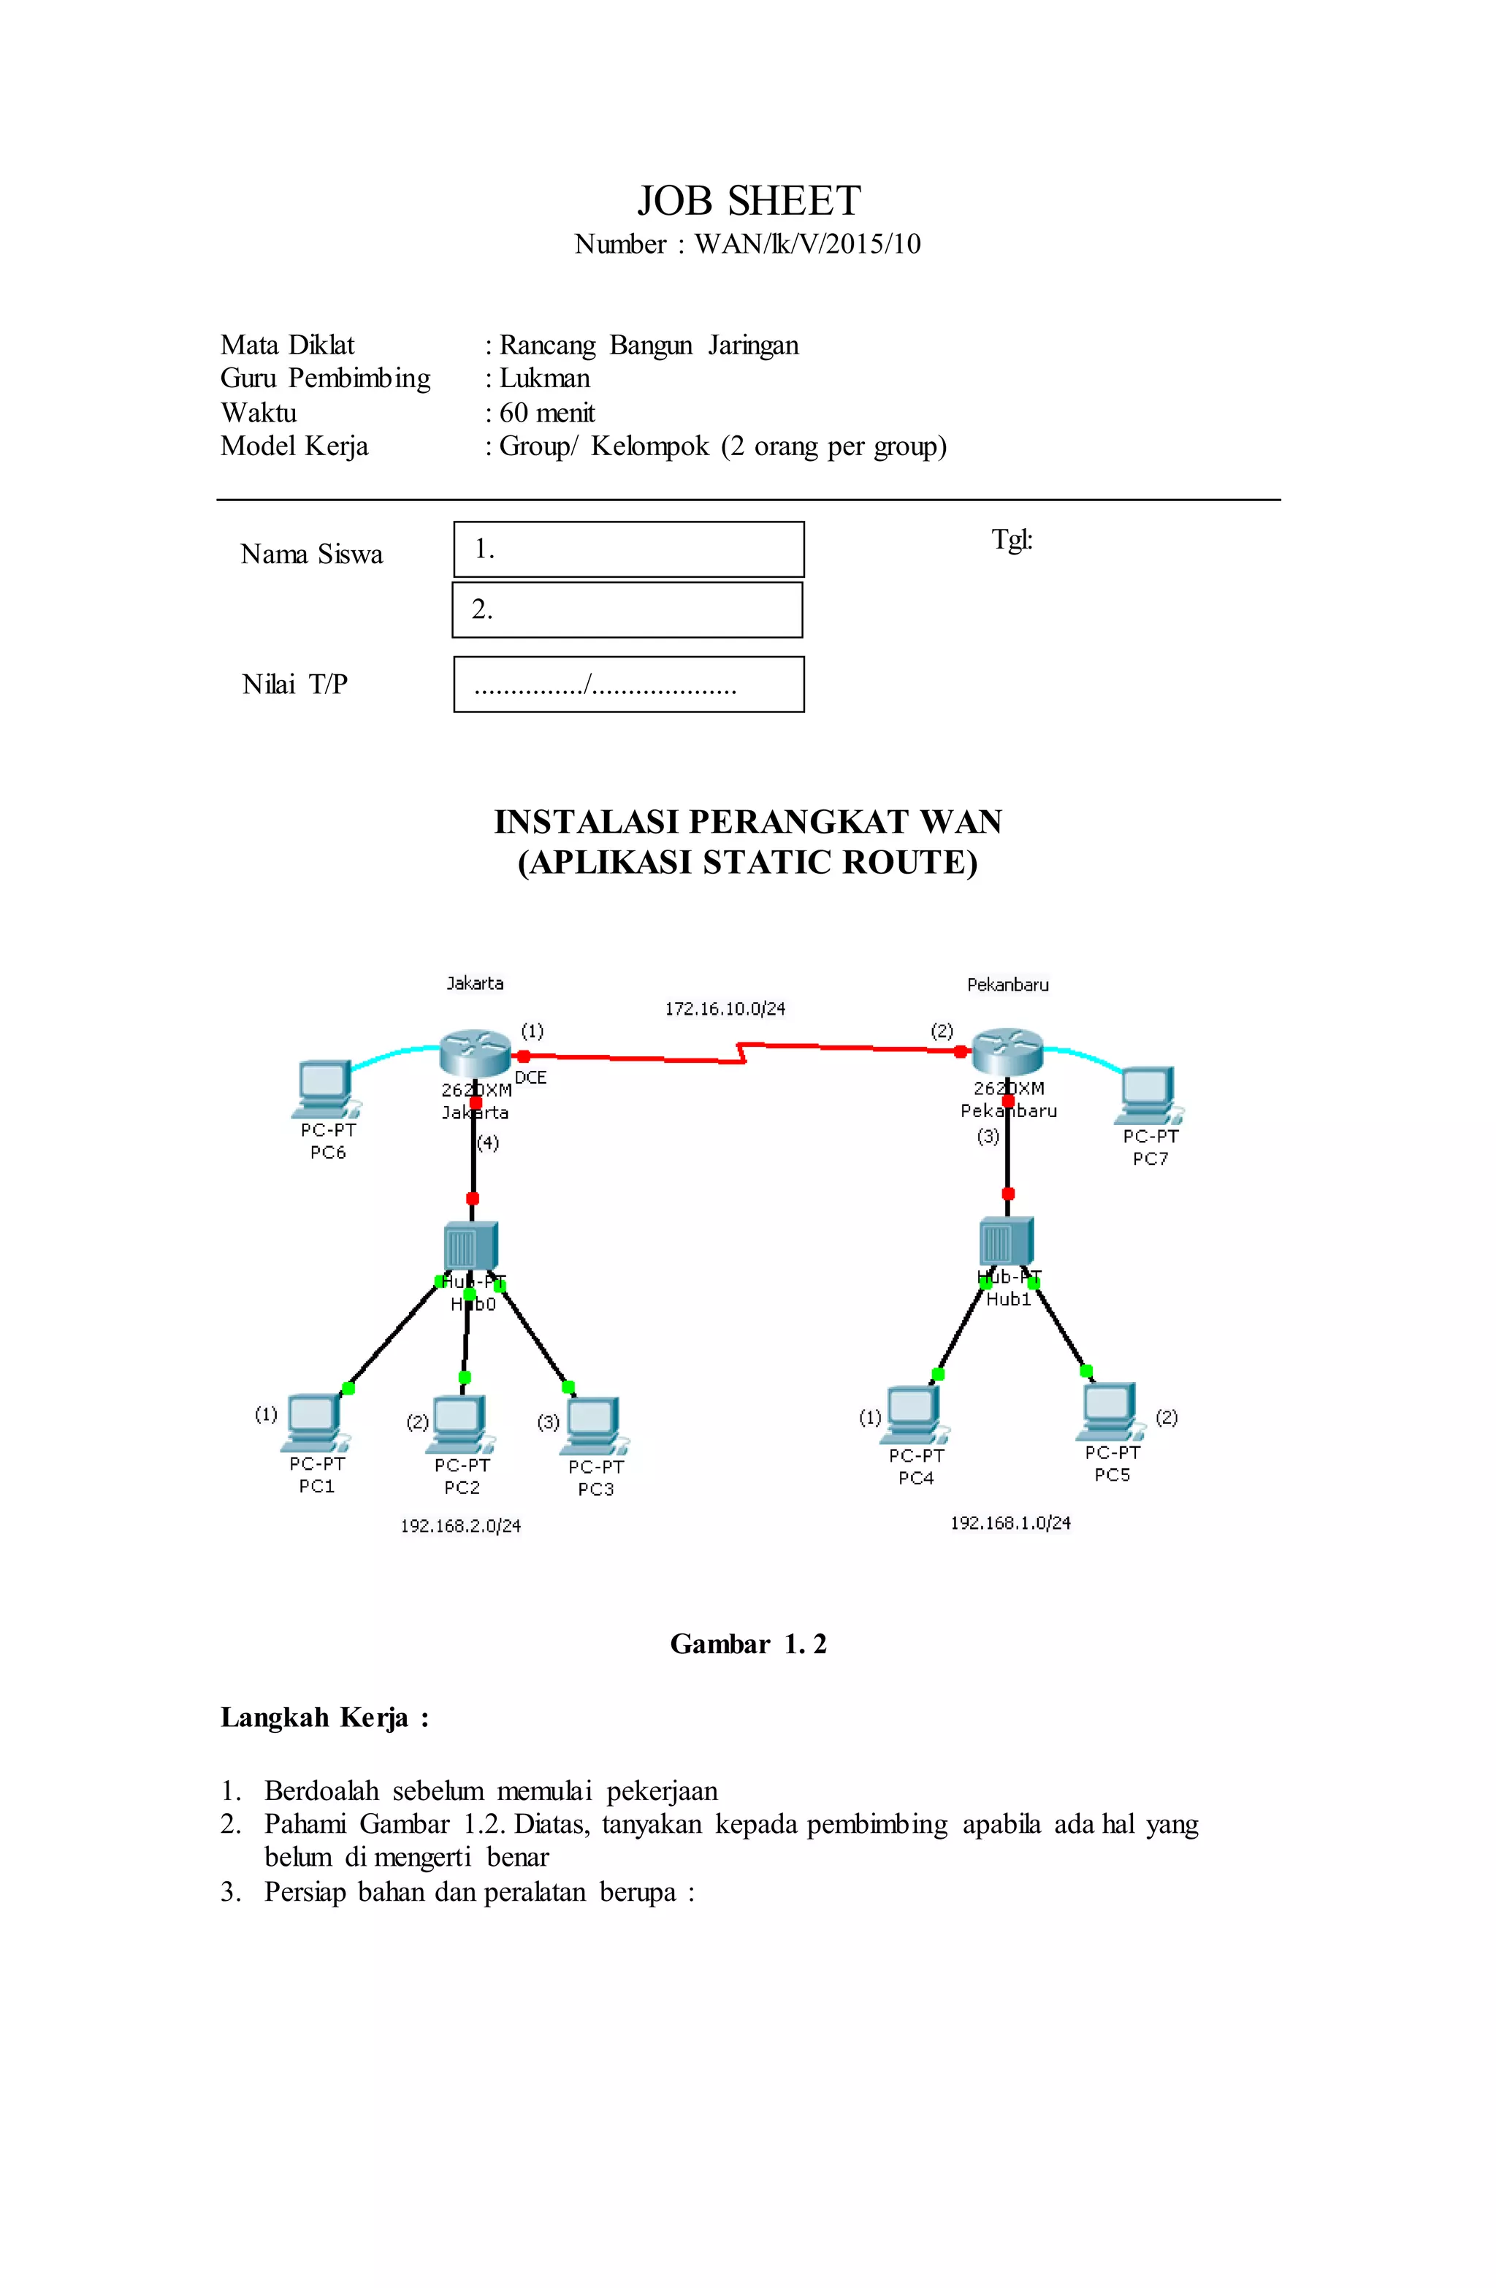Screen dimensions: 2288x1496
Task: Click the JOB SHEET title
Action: pos(748,201)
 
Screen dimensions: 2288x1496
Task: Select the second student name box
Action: pos(627,609)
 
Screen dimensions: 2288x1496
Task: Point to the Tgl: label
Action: pos(1012,539)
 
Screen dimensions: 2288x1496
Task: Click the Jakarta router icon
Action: pos(474,1053)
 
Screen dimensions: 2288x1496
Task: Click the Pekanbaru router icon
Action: pos(1007,1052)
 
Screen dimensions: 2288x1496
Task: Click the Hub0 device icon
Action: pos(470,1245)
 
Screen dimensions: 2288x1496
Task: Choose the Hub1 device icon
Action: pos(1006,1240)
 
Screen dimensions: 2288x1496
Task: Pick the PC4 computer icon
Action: pos(913,1413)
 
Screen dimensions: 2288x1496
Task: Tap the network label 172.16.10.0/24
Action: pos(725,1008)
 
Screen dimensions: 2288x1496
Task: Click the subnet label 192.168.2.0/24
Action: pos(460,1525)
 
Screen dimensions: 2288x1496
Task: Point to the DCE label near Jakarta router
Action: pos(531,1078)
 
